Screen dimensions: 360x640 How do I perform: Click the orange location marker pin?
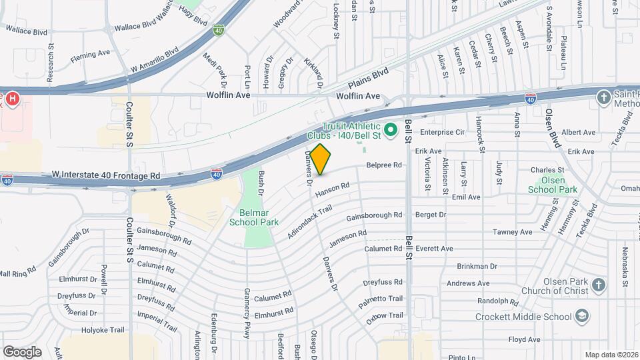pyautogui.click(x=321, y=159)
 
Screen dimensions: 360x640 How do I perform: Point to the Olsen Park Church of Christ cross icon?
pyautogui.click(x=599, y=285)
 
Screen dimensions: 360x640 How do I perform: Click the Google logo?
pyautogui.click(x=22, y=352)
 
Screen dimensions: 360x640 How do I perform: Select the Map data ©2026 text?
pyautogui.click(x=611, y=355)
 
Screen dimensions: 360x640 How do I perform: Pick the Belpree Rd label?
pyautogui.click(x=384, y=165)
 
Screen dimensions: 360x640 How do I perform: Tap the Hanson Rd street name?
pyautogui.click(x=332, y=190)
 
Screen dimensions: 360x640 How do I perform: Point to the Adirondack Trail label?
pyautogui.click(x=309, y=223)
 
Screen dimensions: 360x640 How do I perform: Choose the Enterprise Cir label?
pyautogui.click(x=441, y=132)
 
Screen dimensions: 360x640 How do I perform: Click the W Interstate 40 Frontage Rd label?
pyautogui.click(x=106, y=176)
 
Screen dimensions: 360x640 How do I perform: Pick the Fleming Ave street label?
pyautogui.click(x=90, y=53)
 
